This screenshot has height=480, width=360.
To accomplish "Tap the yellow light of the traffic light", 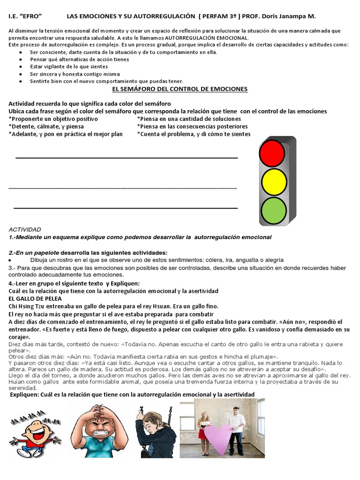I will point(274,182).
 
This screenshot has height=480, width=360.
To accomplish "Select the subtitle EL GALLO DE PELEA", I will point(35,299).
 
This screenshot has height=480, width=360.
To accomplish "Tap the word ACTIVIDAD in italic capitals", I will point(25,229).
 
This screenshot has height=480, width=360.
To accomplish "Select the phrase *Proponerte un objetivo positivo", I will point(53,119).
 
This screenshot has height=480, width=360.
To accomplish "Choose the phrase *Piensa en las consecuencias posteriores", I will point(192,127).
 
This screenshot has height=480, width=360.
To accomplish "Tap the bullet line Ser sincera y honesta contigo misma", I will point(75,74).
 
